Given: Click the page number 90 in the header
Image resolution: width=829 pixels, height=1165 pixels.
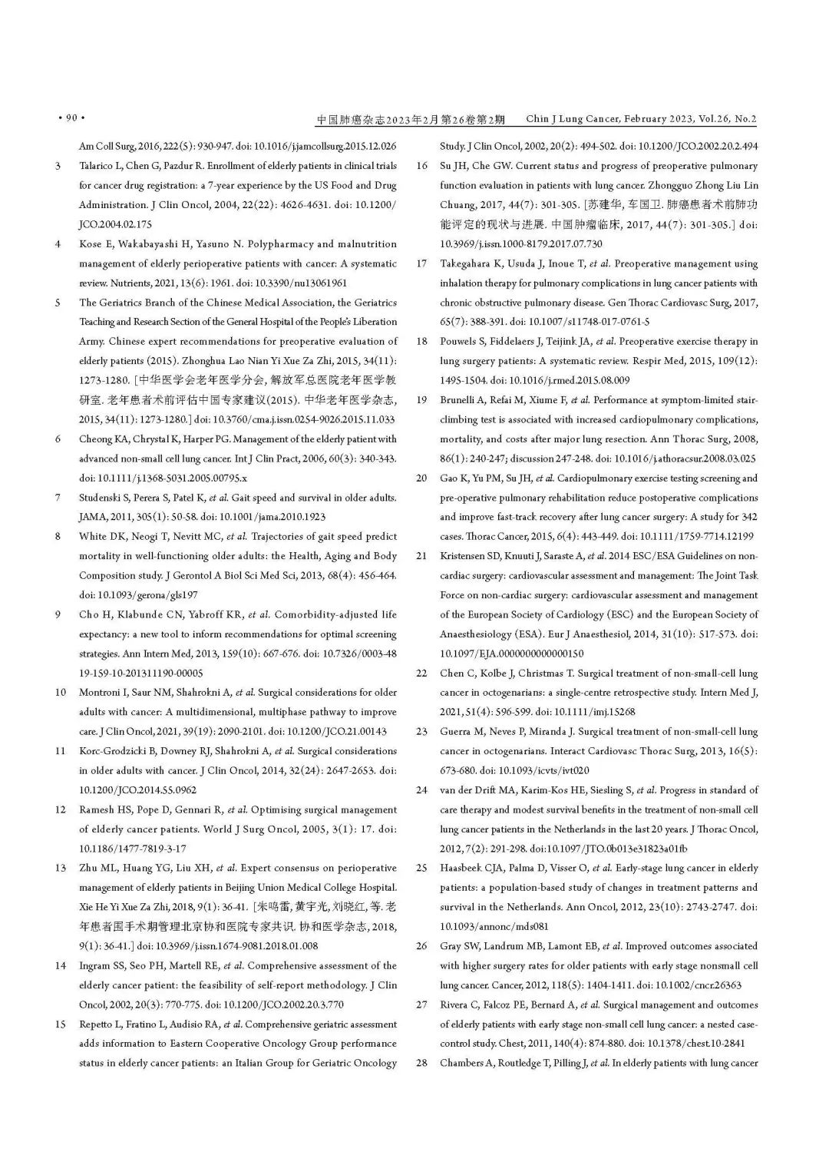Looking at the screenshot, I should pos(71,118).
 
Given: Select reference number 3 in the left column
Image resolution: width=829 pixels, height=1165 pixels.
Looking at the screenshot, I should pos(58,166).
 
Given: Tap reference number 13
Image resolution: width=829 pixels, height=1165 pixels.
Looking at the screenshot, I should pos(60,869).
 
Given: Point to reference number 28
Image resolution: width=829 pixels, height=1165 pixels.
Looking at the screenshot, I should pos(421,1064).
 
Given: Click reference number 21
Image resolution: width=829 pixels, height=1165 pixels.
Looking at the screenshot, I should pos(421,556).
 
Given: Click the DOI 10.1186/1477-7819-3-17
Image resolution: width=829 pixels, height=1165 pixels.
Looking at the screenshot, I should pos(132,849).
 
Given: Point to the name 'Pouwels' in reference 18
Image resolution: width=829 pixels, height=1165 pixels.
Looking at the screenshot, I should pos(458,342).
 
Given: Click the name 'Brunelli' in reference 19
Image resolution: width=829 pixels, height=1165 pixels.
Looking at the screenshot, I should pos(459,400).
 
